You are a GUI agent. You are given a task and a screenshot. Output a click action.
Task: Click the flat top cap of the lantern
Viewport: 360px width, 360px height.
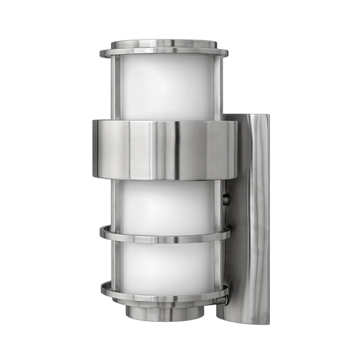pyautogui.click(x=164, y=44)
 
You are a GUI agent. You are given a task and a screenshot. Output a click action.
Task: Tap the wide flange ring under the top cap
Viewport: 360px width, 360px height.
pyautogui.click(x=164, y=53)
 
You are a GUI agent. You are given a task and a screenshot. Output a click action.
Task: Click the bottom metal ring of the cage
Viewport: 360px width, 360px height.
pyautogui.click(x=164, y=294)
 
